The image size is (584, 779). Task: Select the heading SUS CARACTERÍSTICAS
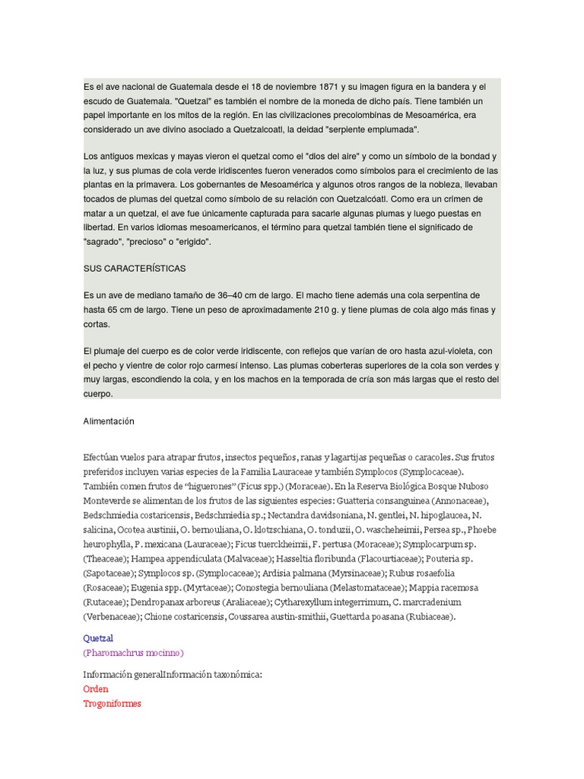[135, 269]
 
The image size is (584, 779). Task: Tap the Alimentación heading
[109, 421]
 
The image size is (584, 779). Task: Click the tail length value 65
[116, 310]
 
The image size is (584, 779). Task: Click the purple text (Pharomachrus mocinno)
[133, 653]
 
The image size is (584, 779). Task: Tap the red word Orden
[96, 688]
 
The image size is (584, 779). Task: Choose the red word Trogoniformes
[112, 703]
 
